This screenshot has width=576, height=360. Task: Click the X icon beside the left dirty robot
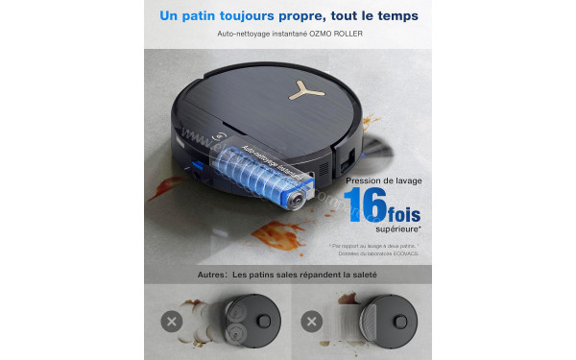(x=173, y=321)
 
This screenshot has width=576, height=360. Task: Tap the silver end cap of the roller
(x=299, y=199)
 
